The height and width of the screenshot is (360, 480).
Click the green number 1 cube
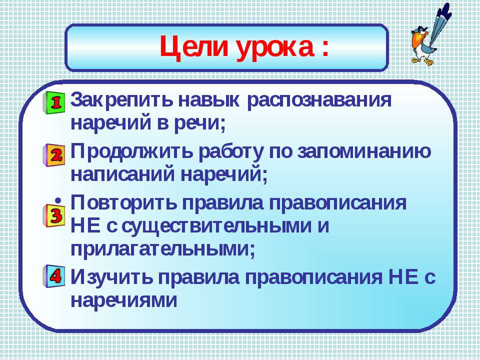[54, 102]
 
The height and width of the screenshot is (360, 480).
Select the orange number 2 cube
[54, 155]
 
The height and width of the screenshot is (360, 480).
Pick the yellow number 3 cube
[54, 215]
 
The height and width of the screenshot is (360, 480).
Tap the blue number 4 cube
[54, 276]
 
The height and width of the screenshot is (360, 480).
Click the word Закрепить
[122, 100]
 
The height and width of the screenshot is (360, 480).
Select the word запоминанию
[364, 152]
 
